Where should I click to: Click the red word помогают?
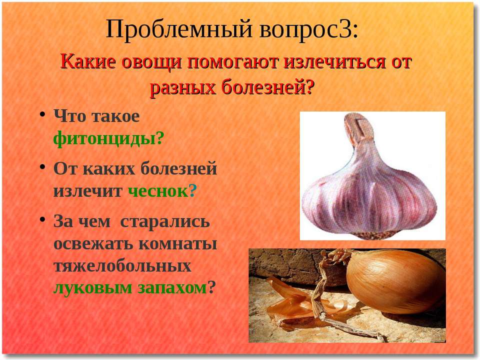click(x=233, y=62)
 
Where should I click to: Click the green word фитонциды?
click(x=108, y=138)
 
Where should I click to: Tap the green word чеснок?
click(x=158, y=191)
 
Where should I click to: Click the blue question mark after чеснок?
click(x=192, y=190)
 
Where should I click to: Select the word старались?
click(x=165, y=221)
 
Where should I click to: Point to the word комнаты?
click(x=178, y=244)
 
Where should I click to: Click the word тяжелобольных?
click(x=122, y=265)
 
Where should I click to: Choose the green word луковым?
click(x=92, y=288)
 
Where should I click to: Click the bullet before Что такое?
click(x=42, y=115)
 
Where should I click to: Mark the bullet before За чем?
click(x=42, y=220)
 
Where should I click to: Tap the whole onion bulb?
click(x=395, y=281)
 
